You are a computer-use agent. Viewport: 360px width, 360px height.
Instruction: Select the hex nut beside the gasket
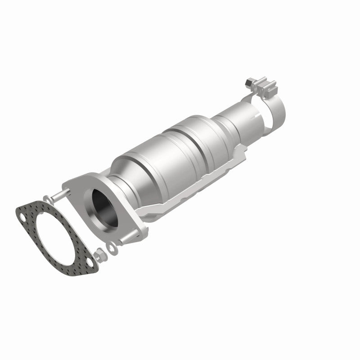[x=101, y=256]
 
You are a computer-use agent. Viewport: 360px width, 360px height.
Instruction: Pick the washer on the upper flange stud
[x=47, y=198]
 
